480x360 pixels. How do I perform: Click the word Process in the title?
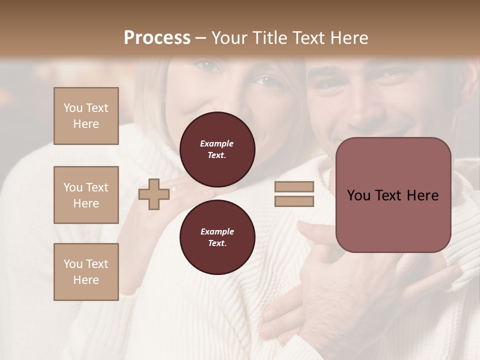coord(157,38)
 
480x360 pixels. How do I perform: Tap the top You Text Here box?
coord(86,116)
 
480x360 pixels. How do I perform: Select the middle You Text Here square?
coord(86,195)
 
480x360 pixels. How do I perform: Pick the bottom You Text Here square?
coord(86,272)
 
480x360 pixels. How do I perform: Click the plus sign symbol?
coord(153,194)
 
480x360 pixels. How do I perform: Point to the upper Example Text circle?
coord(217,149)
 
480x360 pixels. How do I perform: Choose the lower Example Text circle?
coord(217,237)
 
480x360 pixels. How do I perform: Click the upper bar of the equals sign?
coord(294,186)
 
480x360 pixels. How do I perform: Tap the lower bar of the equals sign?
coord(294,201)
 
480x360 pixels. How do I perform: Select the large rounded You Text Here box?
coord(393,195)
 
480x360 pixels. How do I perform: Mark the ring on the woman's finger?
coord(173,189)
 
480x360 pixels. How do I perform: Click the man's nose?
coord(361,107)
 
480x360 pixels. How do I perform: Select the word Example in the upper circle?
coord(216,143)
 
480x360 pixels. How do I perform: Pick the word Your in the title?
coord(229,38)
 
